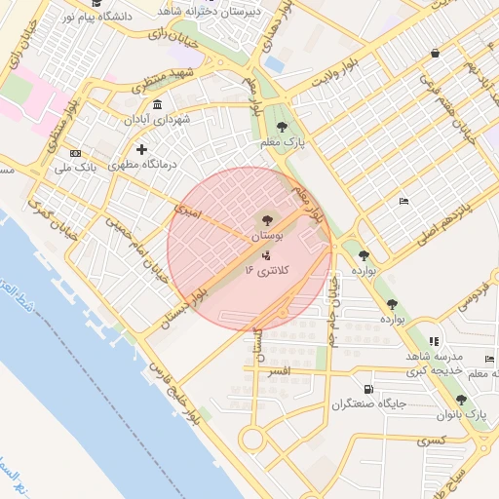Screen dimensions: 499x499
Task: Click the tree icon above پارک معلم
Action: click(x=282, y=127)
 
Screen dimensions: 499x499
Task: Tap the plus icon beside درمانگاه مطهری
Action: click(x=142, y=149)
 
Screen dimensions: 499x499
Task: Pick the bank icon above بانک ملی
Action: click(x=75, y=154)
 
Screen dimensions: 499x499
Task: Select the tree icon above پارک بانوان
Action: click(x=461, y=400)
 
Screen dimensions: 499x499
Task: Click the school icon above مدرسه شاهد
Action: click(x=434, y=341)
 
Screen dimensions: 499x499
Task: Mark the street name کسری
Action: click(x=430, y=441)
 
